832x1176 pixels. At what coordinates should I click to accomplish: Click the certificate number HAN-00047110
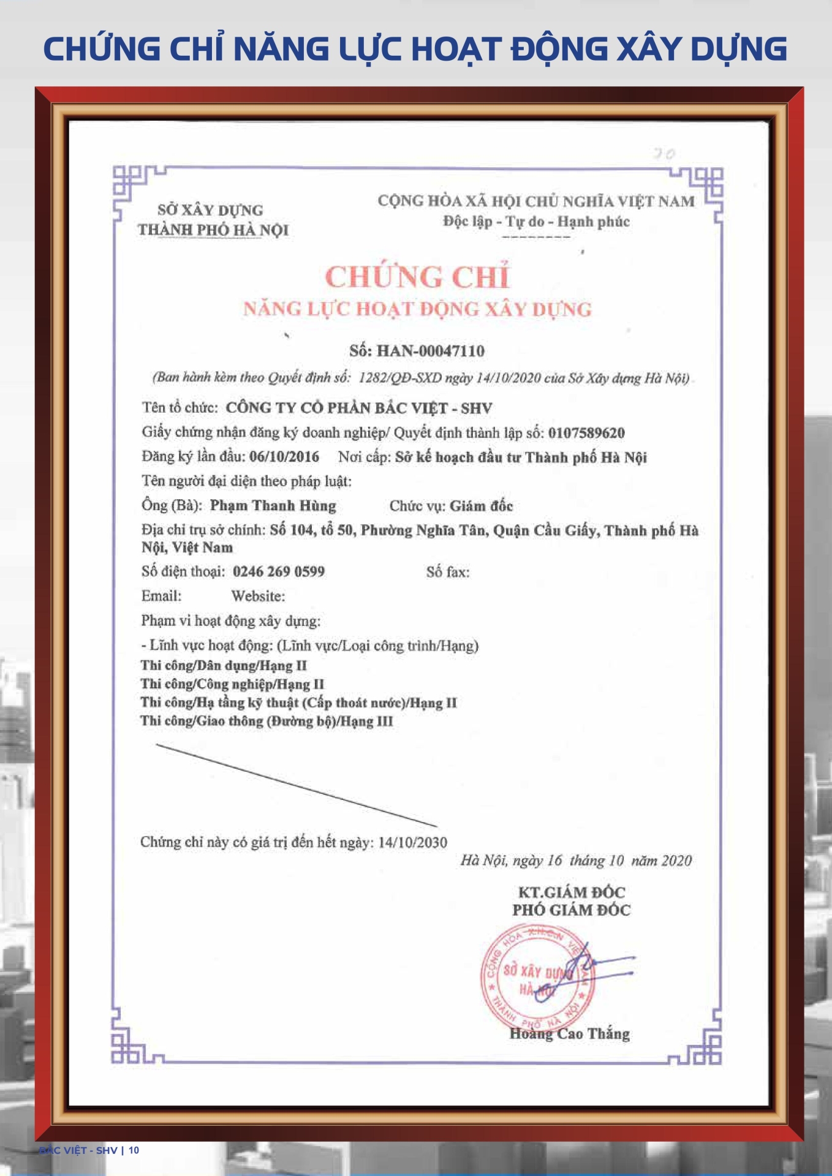click(430, 351)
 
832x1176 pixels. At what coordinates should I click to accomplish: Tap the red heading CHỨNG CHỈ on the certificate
click(417, 277)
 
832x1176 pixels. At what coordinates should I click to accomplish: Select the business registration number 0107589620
click(586, 433)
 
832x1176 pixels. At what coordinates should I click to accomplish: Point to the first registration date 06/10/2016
click(284, 457)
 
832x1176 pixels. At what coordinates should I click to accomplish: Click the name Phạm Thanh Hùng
click(273, 506)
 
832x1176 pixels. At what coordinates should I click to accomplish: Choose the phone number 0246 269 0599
click(279, 571)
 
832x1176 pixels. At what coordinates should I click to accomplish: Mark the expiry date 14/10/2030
click(412, 842)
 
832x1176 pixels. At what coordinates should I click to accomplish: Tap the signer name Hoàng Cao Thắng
click(569, 1034)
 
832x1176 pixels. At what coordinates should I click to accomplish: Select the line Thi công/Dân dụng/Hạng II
click(224, 666)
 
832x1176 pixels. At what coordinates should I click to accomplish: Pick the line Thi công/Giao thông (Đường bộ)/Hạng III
click(267, 721)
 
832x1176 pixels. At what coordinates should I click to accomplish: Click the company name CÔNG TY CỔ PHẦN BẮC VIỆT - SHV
click(359, 408)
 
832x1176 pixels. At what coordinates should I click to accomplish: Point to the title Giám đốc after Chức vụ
click(481, 506)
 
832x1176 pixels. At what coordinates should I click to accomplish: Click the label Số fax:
click(448, 572)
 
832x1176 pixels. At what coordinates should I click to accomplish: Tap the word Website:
click(258, 596)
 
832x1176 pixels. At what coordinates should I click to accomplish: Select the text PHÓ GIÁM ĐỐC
click(571, 910)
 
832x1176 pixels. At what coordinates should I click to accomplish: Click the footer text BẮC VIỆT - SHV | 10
click(89, 1150)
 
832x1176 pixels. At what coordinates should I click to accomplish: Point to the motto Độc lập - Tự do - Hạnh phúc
click(536, 222)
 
